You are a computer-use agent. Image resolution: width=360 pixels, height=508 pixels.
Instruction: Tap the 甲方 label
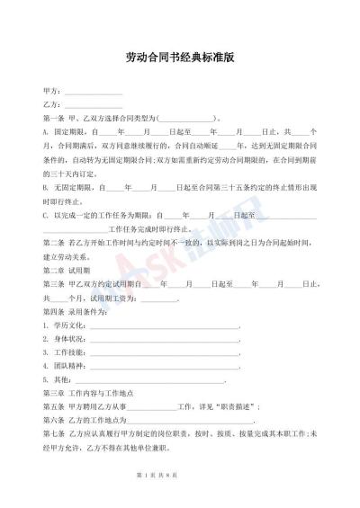click(x=51, y=92)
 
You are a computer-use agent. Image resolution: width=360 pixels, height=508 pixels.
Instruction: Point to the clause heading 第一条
click(x=53, y=118)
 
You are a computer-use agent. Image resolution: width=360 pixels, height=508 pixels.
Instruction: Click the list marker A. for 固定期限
click(x=46, y=131)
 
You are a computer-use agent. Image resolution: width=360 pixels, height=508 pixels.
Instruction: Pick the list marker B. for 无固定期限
click(x=46, y=187)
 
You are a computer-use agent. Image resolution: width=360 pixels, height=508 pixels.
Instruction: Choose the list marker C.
click(x=46, y=216)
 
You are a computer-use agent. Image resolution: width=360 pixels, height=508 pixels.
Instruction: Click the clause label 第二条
click(x=53, y=244)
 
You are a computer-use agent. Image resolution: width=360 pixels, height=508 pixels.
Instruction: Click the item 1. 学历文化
click(x=64, y=325)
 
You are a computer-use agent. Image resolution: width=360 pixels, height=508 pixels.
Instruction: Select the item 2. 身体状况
click(x=64, y=339)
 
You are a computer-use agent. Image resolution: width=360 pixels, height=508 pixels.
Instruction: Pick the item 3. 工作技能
click(x=64, y=353)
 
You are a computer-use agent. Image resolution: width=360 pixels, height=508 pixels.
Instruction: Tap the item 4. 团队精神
click(x=64, y=367)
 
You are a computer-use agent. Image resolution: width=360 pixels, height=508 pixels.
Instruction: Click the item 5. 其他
click(x=57, y=381)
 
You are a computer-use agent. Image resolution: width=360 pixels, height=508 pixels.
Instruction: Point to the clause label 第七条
click(x=53, y=435)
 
